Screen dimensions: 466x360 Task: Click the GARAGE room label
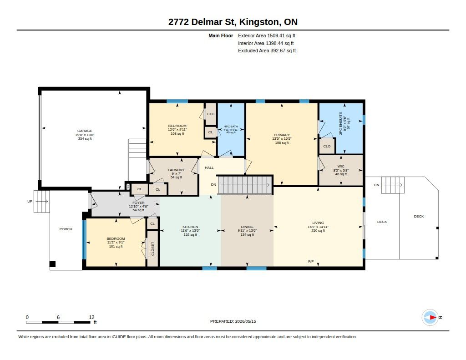85,131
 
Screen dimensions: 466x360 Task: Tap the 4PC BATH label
231,127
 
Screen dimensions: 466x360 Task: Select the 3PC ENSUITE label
340,123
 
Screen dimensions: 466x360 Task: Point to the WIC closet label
341,167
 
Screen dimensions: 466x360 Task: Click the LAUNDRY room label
176,170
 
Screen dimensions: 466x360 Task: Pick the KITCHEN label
190,227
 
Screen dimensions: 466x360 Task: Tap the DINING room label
247,227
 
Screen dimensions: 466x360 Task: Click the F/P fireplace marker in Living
311,262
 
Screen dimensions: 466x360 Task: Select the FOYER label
138,203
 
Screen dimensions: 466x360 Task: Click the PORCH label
66,229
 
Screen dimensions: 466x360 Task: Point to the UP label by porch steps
30,202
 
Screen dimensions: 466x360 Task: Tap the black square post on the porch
52,264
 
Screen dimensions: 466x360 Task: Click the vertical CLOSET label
153,249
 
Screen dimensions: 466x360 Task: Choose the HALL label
209,167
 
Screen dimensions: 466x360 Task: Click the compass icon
430,318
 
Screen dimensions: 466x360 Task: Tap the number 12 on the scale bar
91,317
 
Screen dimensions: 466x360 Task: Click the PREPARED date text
233,321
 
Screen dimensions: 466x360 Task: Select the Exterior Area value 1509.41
276,35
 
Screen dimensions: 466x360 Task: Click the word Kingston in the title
259,22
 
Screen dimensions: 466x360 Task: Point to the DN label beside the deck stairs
376,185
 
